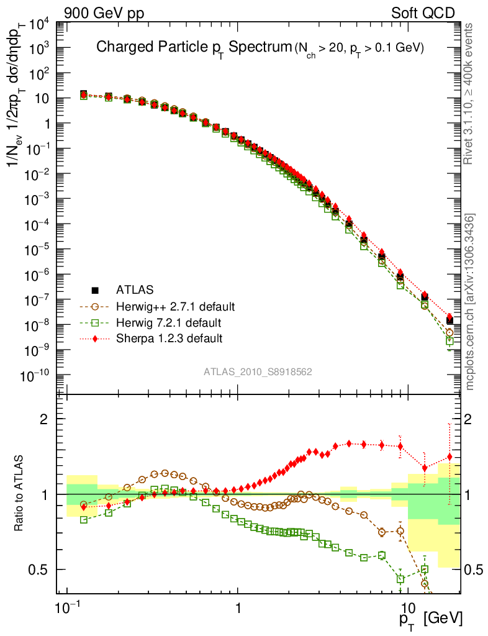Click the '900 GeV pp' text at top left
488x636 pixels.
pos(99,12)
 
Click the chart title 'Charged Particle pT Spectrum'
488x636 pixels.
pos(193,48)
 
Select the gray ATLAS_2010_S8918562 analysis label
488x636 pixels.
pos(258,372)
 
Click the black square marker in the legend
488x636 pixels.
pos(95,289)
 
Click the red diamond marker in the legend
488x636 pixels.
pos(95,338)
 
